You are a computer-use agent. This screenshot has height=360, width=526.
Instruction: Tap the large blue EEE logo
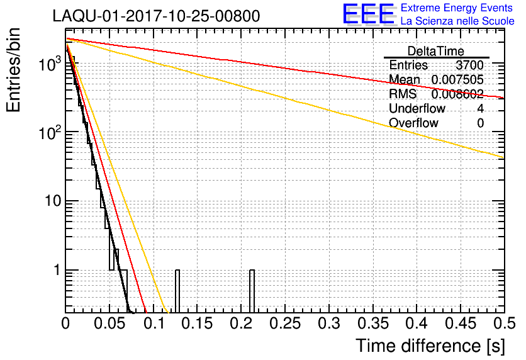pos(368,15)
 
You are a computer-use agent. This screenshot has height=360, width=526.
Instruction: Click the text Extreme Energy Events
pos(456,8)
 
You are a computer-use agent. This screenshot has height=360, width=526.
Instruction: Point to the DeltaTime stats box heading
pos(436,51)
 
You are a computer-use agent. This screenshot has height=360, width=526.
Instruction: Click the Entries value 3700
pos(469,65)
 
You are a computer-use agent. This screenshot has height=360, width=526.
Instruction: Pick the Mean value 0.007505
pos(457,80)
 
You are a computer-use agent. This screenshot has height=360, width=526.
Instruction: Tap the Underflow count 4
pos(480,109)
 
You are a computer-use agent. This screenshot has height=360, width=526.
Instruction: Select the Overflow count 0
pos(480,123)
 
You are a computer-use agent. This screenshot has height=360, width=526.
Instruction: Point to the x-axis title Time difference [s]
pos(429,346)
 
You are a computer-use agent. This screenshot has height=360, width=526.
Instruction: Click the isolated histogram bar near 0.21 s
pos(252,291)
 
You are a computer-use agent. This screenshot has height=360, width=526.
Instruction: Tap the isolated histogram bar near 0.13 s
pos(177,291)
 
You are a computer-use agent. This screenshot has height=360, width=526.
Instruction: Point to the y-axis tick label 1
pos(54,271)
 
